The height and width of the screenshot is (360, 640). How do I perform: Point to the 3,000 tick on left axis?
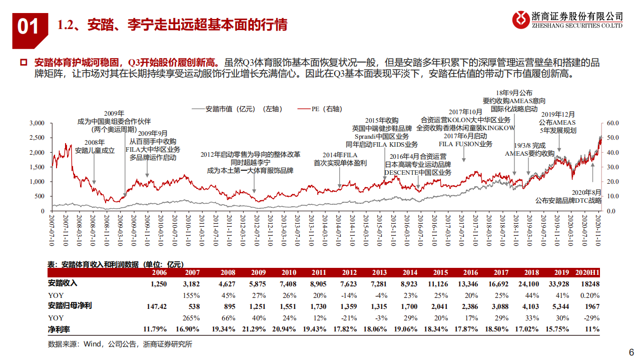37,123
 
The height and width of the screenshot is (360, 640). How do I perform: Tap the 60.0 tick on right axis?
612,123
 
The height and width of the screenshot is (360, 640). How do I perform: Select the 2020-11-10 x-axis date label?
598,231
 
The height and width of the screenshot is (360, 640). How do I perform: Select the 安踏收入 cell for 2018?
531,283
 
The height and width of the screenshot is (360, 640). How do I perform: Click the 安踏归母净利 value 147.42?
155,306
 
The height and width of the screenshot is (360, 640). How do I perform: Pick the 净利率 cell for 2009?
254,328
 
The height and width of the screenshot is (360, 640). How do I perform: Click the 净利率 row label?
59,328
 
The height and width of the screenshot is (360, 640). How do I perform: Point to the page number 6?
630,351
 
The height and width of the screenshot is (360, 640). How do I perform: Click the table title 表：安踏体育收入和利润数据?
115,264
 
